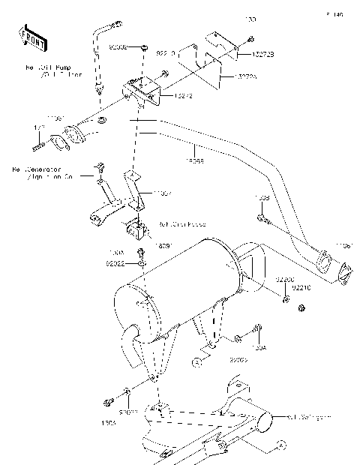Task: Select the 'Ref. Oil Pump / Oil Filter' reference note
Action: click(53, 72)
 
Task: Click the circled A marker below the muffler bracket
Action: click(197, 362)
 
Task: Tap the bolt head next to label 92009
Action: click(143, 47)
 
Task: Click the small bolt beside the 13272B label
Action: click(250, 39)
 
